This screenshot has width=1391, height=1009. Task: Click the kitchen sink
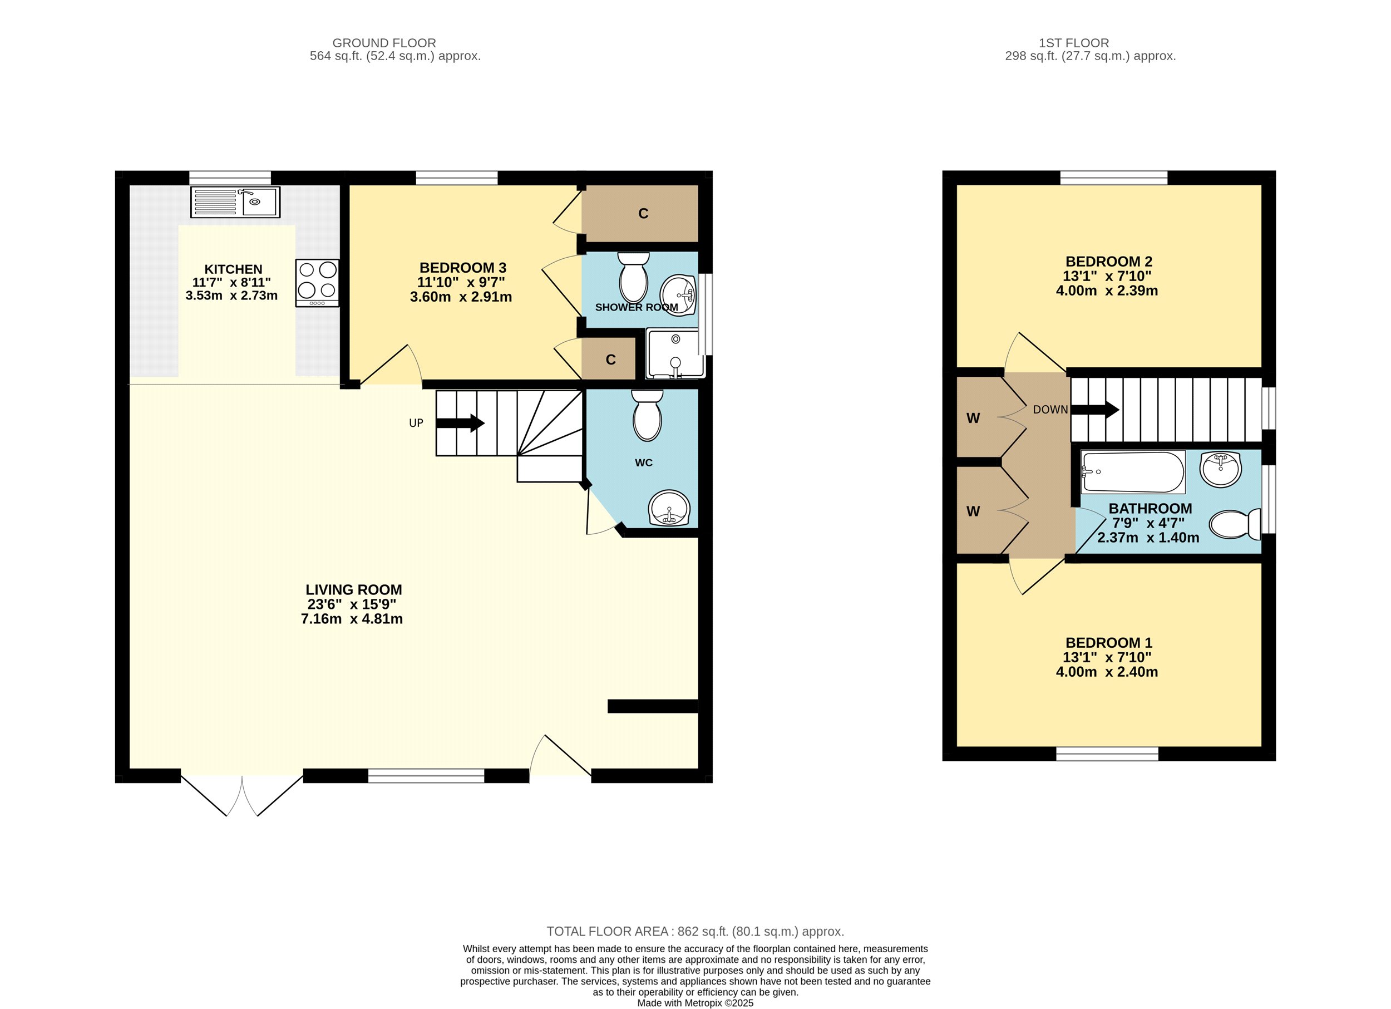[x=235, y=202]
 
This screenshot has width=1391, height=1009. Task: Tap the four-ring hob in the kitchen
[x=317, y=283]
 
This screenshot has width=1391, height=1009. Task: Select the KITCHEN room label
[x=233, y=269]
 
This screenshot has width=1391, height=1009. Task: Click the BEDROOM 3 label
[x=462, y=268]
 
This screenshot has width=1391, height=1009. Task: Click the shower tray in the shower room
[x=675, y=353]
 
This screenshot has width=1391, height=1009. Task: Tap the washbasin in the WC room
[x=669, y=508]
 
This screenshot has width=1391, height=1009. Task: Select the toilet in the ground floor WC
[x=647, y=415]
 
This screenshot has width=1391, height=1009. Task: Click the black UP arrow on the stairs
[x=461, y=422]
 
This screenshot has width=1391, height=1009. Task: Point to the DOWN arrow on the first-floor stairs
[x=1095, y=409]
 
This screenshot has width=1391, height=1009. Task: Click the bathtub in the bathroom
[x=1133, y=472]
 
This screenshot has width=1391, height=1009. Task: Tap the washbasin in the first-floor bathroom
[x=1221, y=469]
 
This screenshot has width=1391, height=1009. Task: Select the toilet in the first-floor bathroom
[x=1235, y=524]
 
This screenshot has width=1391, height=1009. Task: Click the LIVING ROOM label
[x=354, y=589]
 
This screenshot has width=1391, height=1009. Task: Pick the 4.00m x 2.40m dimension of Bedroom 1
[x=1107, y=672]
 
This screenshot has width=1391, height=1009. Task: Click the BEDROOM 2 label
[x=1109, y=262]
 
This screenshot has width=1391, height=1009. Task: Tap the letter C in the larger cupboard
[x=643, y=214]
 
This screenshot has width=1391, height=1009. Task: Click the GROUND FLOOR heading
[x=384, y=43]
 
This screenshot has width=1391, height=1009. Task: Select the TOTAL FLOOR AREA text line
[x=695, y=932]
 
